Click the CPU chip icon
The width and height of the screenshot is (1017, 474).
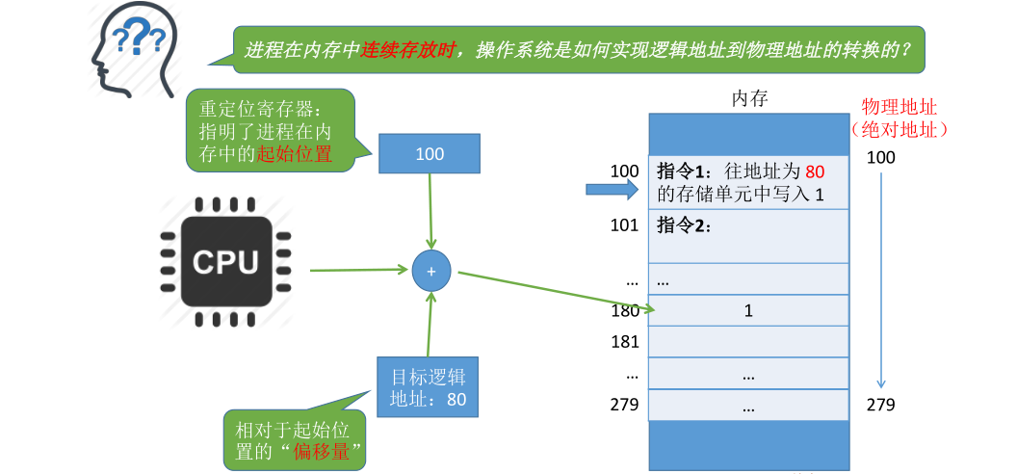[224, 261]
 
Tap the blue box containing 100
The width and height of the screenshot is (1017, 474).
[430, 154]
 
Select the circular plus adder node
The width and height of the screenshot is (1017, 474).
[430, 272]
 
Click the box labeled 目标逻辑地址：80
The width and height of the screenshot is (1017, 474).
[428, 387]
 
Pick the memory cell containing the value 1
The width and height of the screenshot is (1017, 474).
[748, 310]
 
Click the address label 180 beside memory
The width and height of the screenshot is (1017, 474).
[624, 310]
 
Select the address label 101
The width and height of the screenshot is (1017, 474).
[624, 225]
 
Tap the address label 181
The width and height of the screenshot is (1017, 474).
[624, 341]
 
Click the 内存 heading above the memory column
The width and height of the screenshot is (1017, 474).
[749, 98]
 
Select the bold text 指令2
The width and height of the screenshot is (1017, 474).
[683, 225]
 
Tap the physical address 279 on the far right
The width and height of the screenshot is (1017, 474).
[880, 405]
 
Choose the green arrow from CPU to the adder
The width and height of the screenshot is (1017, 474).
[359, 270]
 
